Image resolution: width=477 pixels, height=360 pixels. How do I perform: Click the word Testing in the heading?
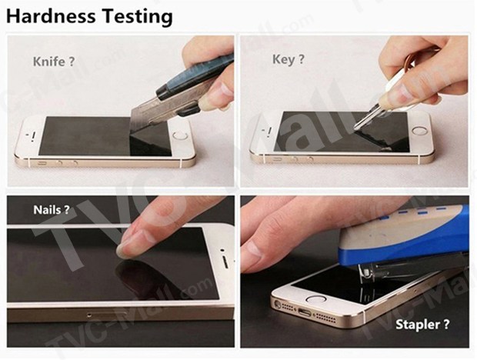click(x=137, y=17)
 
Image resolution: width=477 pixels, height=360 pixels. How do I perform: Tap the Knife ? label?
click(x=54, y=62)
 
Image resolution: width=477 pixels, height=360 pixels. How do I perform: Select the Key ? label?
click(x=288, y=59)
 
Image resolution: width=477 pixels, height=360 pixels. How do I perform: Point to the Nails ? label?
click(x=52, y=210)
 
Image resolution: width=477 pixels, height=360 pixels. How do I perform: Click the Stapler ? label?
click(x=422, y=325)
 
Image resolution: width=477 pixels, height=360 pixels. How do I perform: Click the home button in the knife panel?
click(x=180, y=135)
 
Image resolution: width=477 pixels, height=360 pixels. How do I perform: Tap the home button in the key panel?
click(x=419, y=131)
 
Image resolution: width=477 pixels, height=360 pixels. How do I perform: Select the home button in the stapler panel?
click(x=316, y=299)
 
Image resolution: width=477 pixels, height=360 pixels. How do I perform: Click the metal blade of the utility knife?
click(x=149, y=116)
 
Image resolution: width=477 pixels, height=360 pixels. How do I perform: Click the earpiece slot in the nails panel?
click(x=225, y=262)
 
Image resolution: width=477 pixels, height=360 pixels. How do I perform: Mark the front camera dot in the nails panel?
click(x=222, y=250)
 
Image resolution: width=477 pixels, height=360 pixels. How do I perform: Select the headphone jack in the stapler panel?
click(x=278, y=304)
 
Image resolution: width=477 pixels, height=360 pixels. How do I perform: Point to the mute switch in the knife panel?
click(x=42, y=164)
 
